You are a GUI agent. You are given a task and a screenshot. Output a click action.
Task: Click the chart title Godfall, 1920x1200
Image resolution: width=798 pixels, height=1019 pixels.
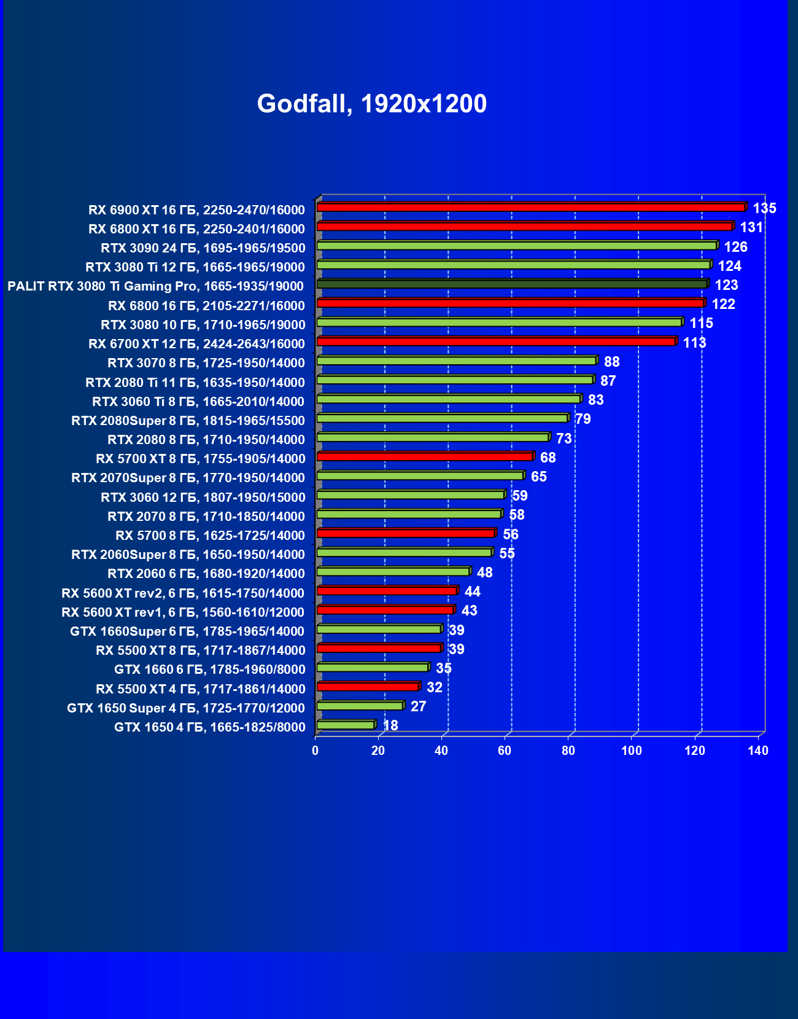tap(371, 104)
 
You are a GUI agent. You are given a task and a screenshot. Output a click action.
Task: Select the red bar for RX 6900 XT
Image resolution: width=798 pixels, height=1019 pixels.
tap(531, 208)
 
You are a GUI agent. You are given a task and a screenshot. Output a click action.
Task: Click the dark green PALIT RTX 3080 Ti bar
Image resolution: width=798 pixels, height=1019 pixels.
tap(513, 284)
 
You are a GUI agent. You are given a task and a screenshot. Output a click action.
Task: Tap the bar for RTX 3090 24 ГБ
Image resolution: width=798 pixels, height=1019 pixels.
tap(517, 246)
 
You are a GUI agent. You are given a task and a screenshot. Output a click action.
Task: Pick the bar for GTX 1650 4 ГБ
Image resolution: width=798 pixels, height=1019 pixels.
tap(346, 725)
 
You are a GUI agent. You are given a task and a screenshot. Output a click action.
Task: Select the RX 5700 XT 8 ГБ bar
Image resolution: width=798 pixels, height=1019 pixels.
tap(425, 456)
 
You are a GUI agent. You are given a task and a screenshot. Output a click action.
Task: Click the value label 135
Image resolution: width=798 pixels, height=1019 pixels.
tap(764, 208)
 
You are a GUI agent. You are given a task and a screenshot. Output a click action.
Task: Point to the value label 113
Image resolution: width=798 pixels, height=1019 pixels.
tap(694, 343)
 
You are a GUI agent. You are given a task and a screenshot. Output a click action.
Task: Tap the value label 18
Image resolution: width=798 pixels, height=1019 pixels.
tap(390, 725)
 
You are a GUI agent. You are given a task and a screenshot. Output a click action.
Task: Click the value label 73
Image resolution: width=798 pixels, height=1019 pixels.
tap(564, 439)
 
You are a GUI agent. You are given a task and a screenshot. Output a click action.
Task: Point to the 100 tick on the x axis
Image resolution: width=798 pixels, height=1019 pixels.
tap(631, 751)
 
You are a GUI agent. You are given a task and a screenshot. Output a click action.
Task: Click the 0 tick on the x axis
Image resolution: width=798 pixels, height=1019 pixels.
tap(316, 751)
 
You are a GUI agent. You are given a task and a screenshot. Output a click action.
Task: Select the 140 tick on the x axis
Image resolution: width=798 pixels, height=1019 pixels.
tap(758, 751)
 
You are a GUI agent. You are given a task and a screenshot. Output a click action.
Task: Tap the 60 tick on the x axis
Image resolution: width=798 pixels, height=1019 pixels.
tap(505, 751)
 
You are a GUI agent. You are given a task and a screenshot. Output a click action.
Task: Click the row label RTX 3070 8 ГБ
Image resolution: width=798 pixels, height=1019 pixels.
tap(206, 363)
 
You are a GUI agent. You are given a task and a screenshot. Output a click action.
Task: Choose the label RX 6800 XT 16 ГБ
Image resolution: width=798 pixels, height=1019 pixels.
tap(196, 229)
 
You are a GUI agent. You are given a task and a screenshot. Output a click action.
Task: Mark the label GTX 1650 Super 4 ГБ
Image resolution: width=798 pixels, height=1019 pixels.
tap(185, 708)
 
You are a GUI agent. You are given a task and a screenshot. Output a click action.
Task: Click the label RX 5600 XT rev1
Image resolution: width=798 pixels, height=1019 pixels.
tap(183, 612)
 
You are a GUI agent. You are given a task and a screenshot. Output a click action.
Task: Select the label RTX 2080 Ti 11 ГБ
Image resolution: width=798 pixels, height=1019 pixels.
tap(195, 383)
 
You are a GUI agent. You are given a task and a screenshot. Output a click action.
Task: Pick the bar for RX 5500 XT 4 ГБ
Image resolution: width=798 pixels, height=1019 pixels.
tap(368, 687)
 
